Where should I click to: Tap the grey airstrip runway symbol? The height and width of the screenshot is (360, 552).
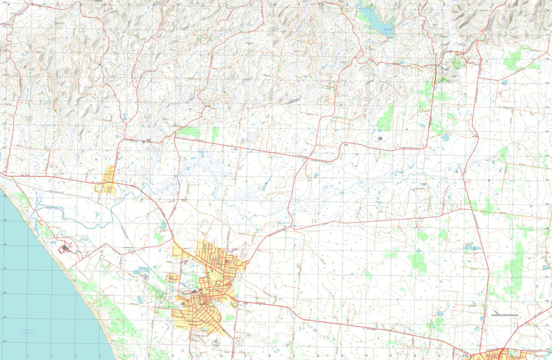(x=505, y=315)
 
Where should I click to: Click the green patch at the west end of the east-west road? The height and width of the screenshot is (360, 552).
(x=189, y=132)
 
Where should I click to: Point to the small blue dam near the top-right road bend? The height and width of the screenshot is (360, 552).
(x=505, y=83)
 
